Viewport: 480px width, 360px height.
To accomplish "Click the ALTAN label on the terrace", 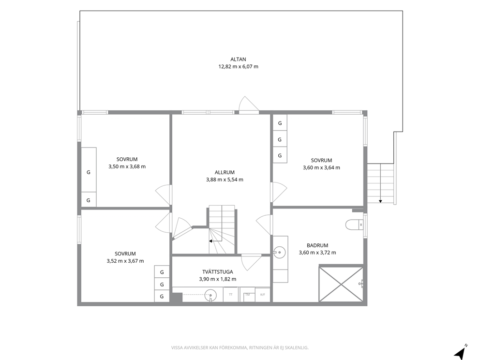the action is coord(238,60).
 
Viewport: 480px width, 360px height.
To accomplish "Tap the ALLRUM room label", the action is coord(225,172).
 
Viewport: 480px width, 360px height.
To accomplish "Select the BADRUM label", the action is coord(317,245).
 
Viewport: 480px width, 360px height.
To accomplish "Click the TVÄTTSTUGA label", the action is coord(218,272).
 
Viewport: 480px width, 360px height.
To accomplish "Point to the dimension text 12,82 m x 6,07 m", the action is coord(238,66).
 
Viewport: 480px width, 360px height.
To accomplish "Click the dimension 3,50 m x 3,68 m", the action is coord(127,166).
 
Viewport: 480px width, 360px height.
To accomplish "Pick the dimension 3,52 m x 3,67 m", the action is coord(125,261).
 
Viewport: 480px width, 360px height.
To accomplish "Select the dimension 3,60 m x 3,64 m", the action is coord(321,167).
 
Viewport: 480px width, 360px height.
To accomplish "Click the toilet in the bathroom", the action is coord(354,225).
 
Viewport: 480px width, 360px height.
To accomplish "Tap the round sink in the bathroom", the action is coord(279,253).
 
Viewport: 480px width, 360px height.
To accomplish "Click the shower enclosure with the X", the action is coord(341,284).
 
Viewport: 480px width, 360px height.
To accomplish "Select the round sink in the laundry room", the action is coord(210,295).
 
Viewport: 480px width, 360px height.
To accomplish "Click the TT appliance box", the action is coord(231,295).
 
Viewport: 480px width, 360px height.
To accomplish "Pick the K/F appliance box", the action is coord(263,295).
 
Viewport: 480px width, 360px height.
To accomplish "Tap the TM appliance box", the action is coord(247,295).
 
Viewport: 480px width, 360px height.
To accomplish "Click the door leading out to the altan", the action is coord(249,105).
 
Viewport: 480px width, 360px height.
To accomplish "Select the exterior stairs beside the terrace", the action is coord(380,183).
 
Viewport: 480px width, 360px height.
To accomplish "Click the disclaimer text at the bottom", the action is coord(240,347).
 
